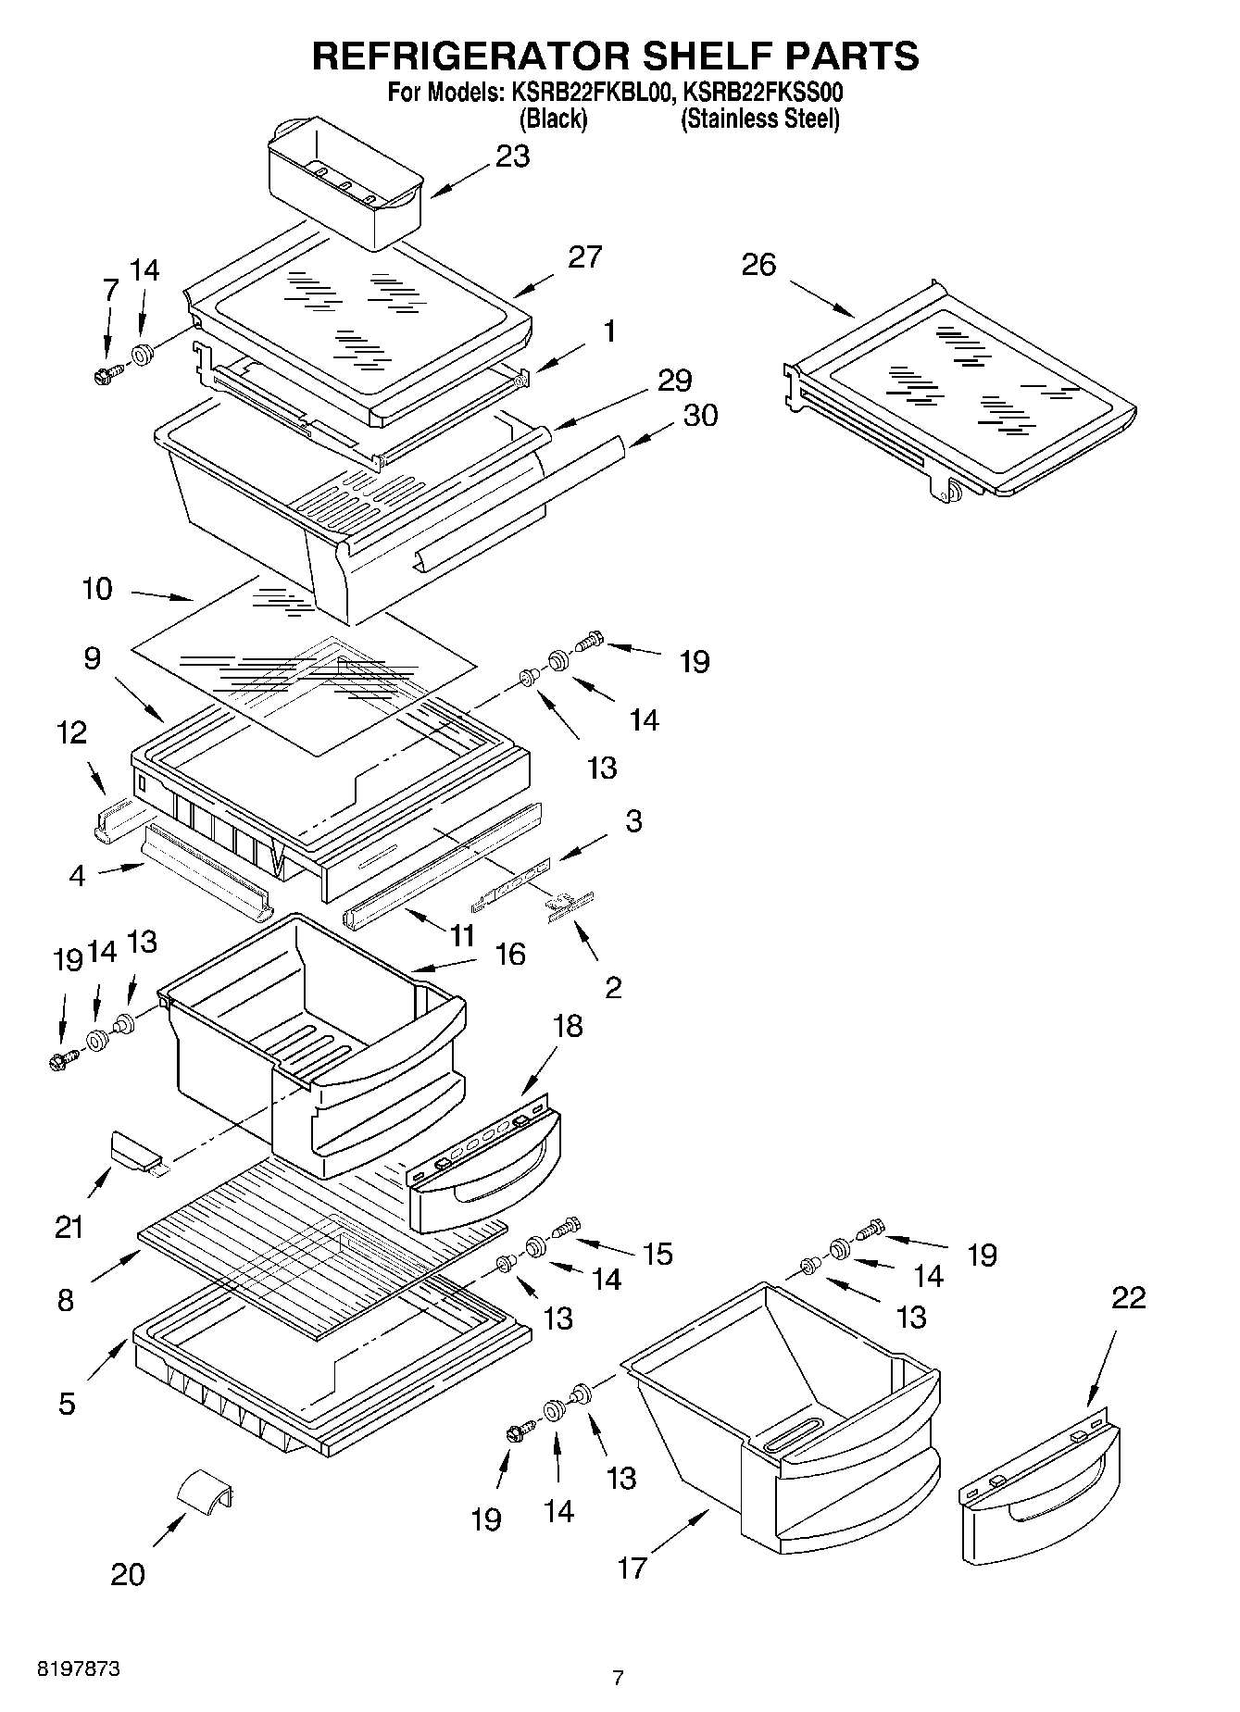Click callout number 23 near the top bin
(512, 156)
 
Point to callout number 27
(584, 256)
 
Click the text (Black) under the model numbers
(553, 119)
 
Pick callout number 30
(700, 416)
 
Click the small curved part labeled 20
(206, 1492)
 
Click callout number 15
(658, 1254)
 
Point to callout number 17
(632, 1568)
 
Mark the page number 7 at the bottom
(618, 1678)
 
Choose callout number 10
(96, 588)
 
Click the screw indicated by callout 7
(103, 376)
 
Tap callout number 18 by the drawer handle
(569, 1026)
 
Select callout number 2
(612, 987)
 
